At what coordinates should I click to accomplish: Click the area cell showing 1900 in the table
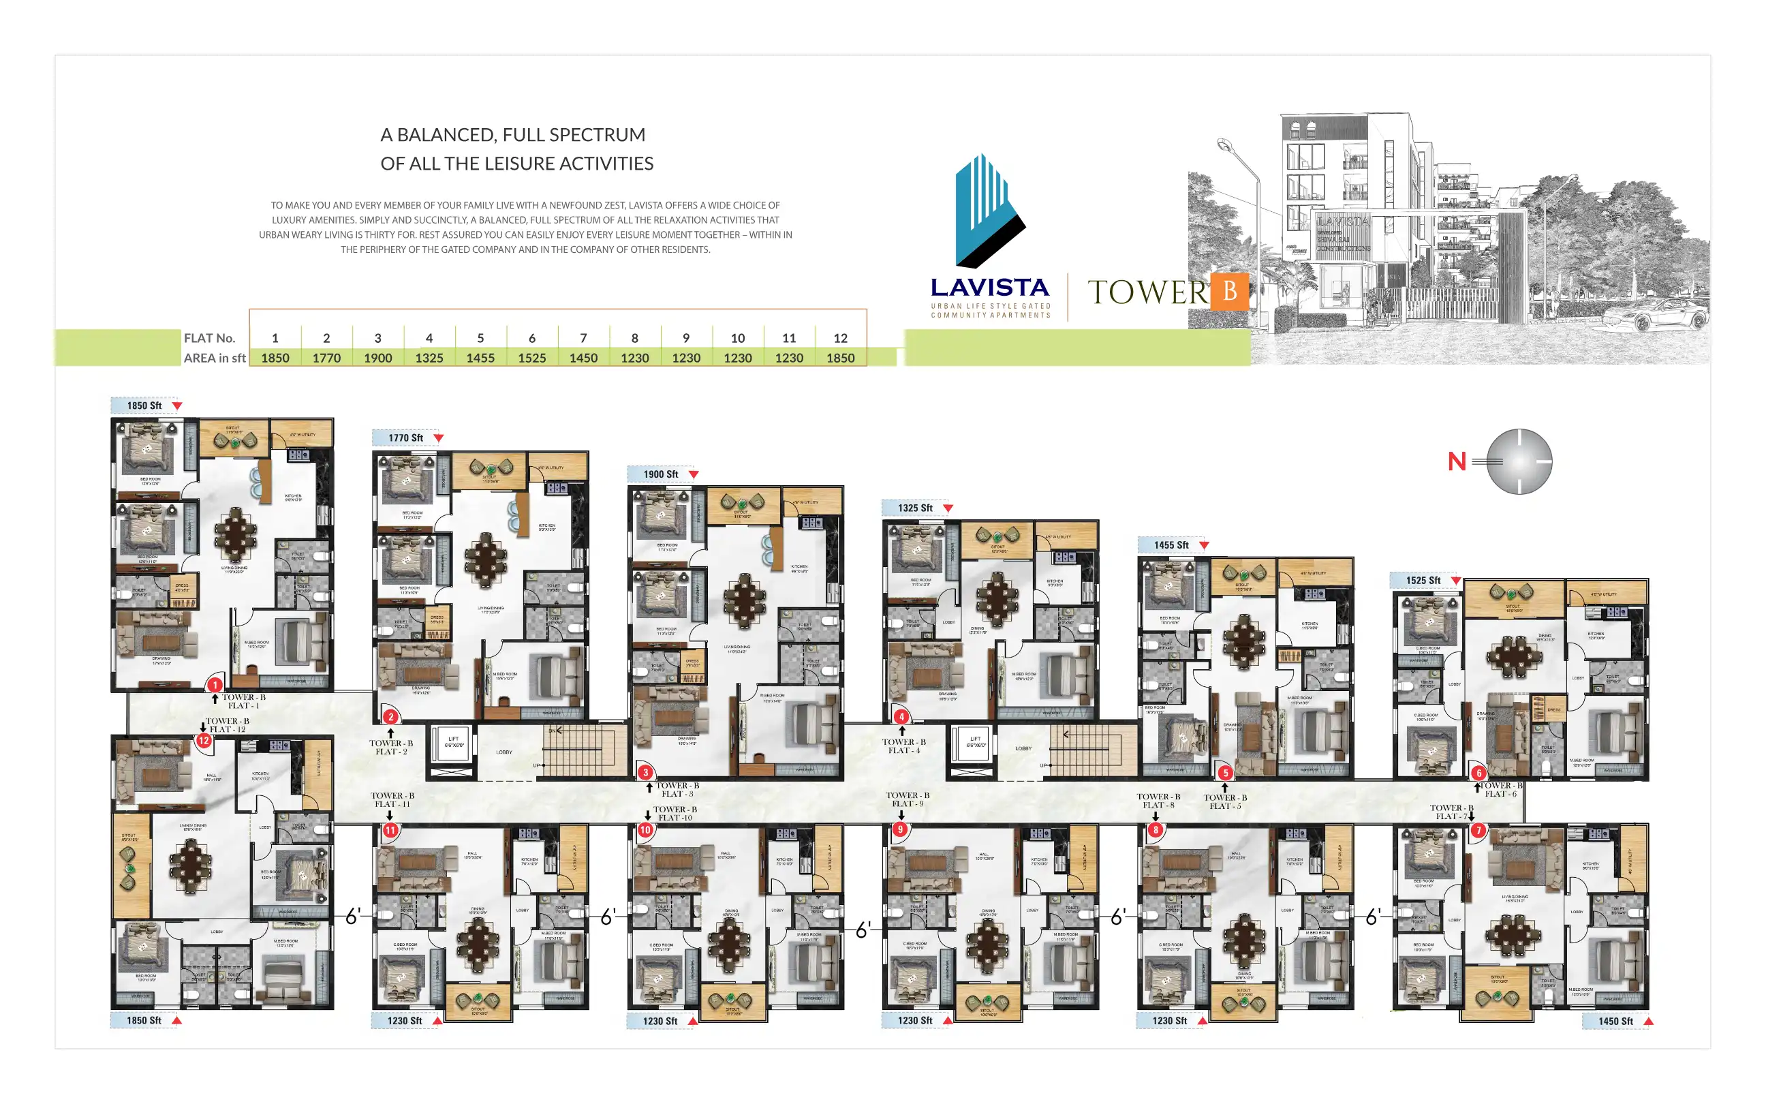pyautogui.click(x=377, y=358)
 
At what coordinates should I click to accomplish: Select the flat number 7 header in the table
pyautogui.click(x=583, y=338)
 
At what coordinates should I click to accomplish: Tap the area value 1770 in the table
pyautogui.click(x=326, y=358)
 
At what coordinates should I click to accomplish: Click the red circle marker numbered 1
pyautogui.click(x=215, y=685)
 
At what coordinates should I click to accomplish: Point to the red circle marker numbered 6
pyautogui.click(x=1478, y=773)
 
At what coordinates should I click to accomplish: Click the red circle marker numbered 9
pyautogui.click(x=901, y=829)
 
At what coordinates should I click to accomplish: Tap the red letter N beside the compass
pyautogui.click(x=1457, y=461)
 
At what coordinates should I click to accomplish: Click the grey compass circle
pyautogui.click(x=1519, y=461)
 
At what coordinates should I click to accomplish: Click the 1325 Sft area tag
pyautogui.click(x=915, y=508)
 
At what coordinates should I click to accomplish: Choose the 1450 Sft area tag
pyautogui.click(x=1615, y=1021)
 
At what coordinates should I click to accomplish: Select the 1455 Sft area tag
pyautogui.click(x=1171, y=545)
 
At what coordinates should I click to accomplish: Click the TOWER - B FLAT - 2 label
pyautogui.click(x=390, y=747)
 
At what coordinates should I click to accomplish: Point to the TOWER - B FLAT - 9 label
pyautogui.click(x=907, y=799)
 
